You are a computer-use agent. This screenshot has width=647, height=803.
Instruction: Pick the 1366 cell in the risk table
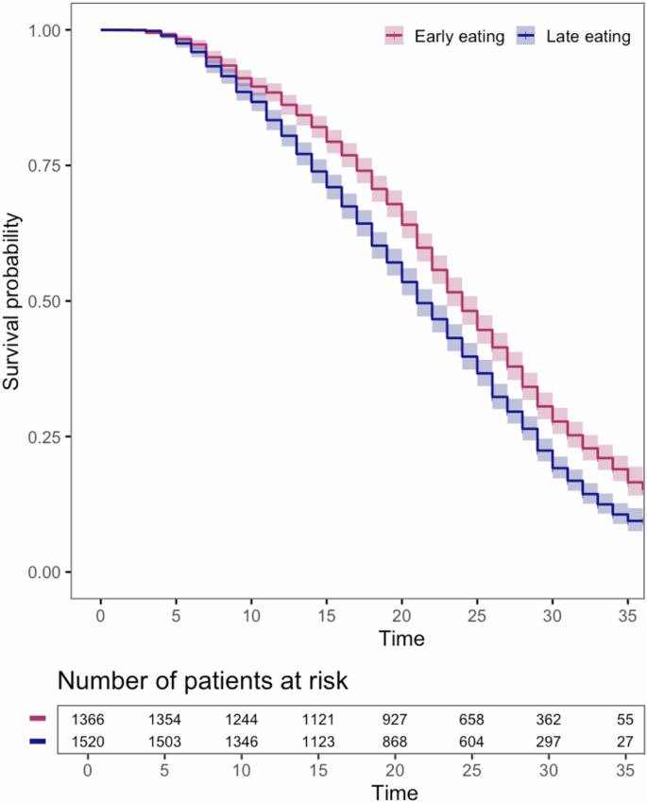point(87,719)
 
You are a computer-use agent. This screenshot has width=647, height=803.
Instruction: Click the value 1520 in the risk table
point(87,741)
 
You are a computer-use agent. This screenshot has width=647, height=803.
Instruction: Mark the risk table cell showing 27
point(623,741)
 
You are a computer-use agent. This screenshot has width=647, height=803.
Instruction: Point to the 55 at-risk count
point(623,719)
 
